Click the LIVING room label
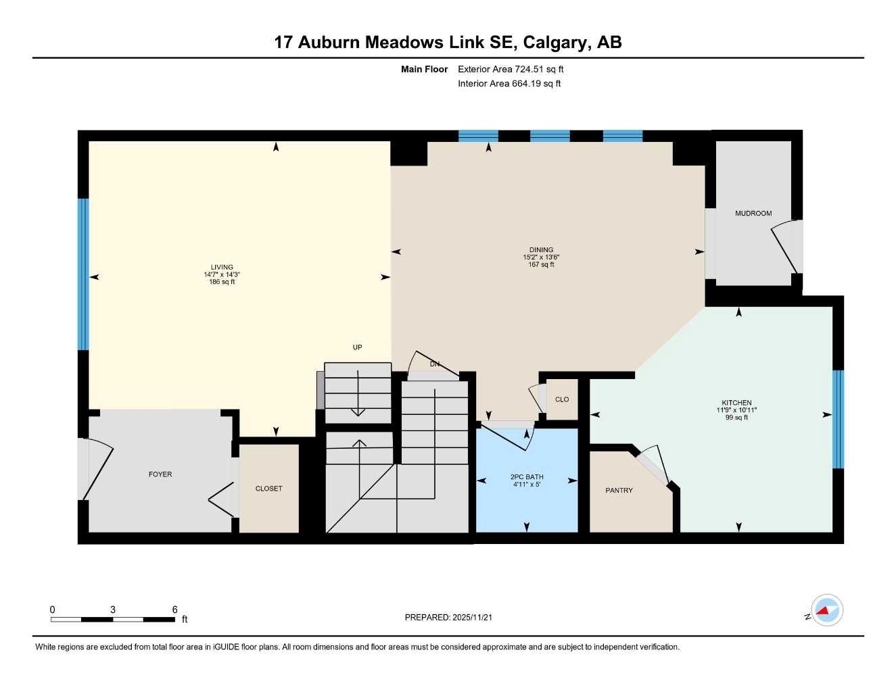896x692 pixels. coord(222,267)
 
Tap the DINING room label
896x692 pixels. coord(541,249)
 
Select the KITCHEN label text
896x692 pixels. coord(736,403)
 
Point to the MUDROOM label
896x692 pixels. coord(753,214)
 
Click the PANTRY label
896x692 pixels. coord(619,491)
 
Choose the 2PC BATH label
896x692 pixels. coord(527,477)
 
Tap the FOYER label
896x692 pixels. coord(160,474)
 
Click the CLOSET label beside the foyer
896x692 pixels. coord(268,489)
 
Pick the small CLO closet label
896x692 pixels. coord(562,399)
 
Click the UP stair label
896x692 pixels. coord(357,347)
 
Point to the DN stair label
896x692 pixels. coord(435,364)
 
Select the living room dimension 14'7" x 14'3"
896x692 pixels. coord(222,275)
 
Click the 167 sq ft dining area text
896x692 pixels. coord(541,265)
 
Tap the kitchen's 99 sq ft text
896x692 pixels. coord(736,418)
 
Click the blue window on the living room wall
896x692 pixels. coord(83,274)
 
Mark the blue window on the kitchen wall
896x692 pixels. coord(839,419)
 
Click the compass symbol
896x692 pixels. coord(826,611)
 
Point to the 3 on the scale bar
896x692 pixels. coord(112,610)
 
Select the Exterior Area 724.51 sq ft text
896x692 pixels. coord(511,69)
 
